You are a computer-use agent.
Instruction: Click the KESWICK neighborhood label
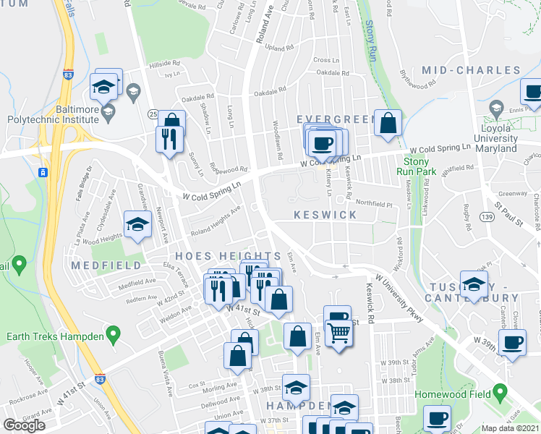click(325, 216)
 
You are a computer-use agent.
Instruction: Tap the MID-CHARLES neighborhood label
click(471, 70)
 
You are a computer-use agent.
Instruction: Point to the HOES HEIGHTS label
click(229, 257)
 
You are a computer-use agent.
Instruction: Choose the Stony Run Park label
click(416, 166)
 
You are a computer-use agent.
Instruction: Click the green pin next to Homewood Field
click(498, 394)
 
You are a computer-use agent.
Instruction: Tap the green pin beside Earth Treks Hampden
click(112, 334)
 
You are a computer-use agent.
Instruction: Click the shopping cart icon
click(338, 333)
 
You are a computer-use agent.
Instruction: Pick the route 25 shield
click(153, 114)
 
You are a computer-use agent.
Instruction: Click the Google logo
click(24, 425)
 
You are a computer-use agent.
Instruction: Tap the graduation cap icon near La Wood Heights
click(136, 224)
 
